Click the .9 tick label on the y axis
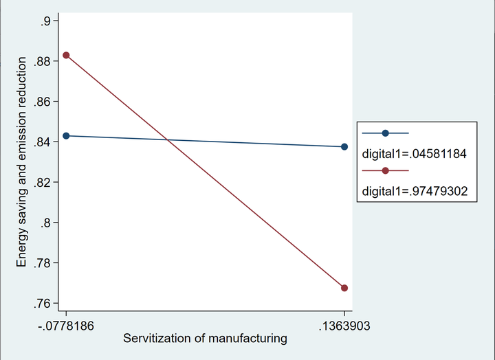[x=45, y=21]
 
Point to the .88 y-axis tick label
[x=43, y=62]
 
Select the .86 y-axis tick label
[x=43, y=102]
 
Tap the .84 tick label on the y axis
[x=43, y=142]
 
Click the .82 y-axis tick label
[x=43, y=183]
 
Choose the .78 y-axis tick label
[x=43, y=263]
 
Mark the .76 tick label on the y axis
[x=43, y=304]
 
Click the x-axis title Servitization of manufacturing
[x=205, y=338]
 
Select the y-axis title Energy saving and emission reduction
[x=22, y=162]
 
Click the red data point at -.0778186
[x=66, y=55]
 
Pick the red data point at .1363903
[x=344, y=288]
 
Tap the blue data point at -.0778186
[x=66, y=136]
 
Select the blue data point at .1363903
[x=344, y=147]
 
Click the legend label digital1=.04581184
[x=415, y=155]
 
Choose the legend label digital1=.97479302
[x=415, y=192]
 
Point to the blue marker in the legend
[x=385, y=133]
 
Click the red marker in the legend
[x=385, y=171]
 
